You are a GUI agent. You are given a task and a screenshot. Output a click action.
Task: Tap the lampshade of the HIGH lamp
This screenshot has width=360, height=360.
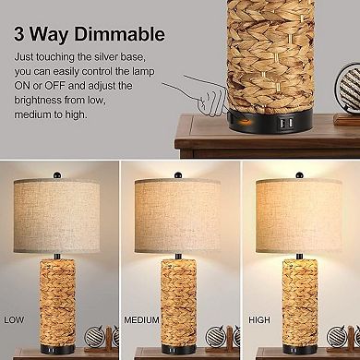point(301,209)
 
